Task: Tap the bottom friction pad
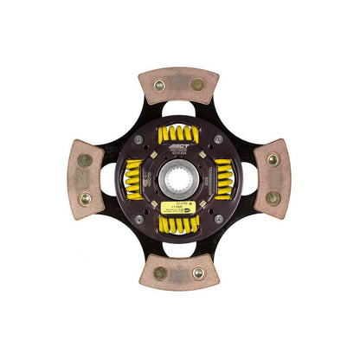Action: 178,272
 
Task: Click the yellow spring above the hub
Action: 179,135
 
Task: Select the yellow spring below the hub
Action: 179,223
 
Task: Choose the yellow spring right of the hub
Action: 222,179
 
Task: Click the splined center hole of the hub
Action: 179,180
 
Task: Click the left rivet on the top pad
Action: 161,85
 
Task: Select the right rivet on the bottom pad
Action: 198,273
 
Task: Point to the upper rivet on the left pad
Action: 86,160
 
